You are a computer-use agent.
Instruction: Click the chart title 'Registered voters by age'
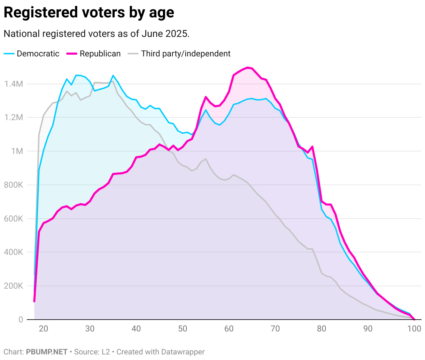(89, 13)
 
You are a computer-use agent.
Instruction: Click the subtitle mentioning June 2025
(96, 34)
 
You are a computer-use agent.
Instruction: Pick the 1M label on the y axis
(17, 151)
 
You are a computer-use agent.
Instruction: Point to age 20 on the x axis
(44, 329)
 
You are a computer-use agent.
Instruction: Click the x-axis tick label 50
(183, 329)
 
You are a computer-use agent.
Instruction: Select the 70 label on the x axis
(275, 329)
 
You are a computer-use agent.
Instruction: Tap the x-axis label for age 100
(414, 329)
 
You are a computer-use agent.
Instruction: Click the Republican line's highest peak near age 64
(248, 68)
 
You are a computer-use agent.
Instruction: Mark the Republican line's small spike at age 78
(312, 147)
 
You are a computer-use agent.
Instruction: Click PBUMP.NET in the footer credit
(47, 352)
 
